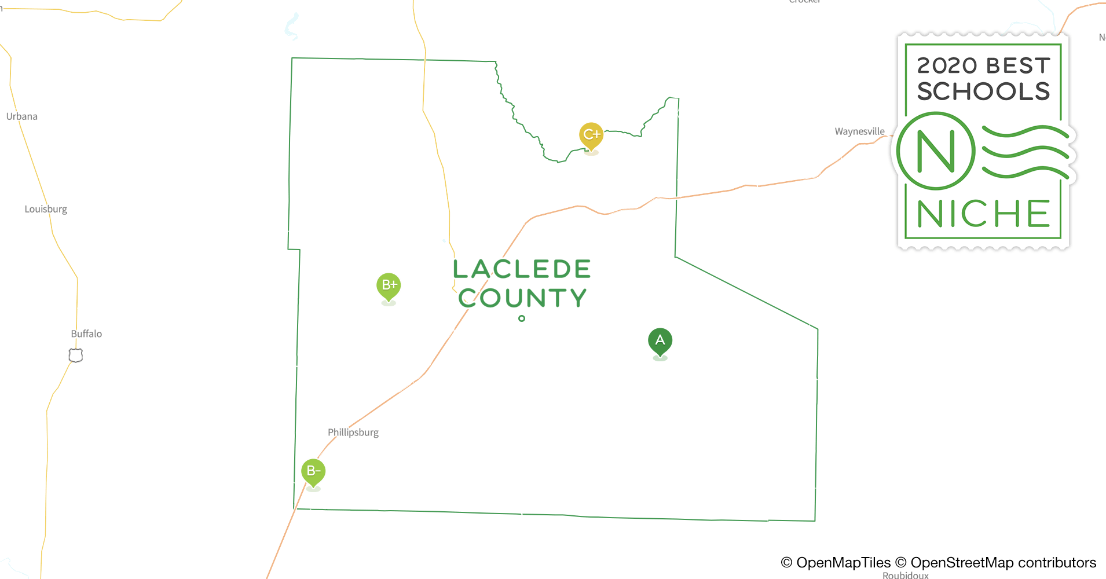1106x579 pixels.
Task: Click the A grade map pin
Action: [660, 340]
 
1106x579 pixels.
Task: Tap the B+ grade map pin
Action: [389, 285]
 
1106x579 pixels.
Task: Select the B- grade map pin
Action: [313, 471]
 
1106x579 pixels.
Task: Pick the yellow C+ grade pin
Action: [591, 135]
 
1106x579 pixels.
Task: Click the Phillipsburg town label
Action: [353, 433]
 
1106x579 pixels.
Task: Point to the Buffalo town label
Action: [86, 334]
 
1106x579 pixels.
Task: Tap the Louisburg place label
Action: [46, 209]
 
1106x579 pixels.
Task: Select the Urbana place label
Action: [22, 116]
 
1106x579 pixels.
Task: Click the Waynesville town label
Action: [859, 131]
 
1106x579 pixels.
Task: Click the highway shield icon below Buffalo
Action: [76, 355]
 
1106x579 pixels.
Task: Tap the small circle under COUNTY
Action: [522, 318]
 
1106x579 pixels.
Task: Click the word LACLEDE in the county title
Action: [522, 269]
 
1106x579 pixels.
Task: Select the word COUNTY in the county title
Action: [522, 298]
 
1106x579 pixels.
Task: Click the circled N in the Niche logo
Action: [936, 151]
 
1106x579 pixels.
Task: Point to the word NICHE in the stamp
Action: [983, 214]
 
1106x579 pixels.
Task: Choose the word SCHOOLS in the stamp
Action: [983, 91]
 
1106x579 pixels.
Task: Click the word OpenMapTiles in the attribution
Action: [843, 563]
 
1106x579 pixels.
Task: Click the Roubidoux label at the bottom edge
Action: [906, 575]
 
